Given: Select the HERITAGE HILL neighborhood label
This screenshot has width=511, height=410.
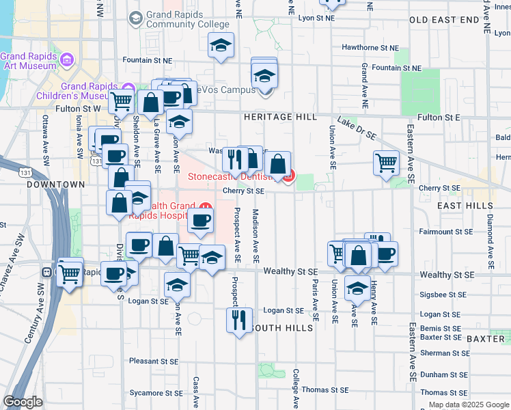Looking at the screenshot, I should [x=280, y=118].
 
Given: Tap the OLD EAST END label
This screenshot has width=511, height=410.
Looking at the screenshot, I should [x=445, y=20].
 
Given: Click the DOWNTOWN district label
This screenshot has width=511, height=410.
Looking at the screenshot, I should [x=55, y=184].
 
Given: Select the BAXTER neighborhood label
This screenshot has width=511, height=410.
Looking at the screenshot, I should [x=485, y=339].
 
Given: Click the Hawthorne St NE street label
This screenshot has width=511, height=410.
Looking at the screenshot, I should [x=370, y=48].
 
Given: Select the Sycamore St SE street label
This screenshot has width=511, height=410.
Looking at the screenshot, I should [x=156, y=393].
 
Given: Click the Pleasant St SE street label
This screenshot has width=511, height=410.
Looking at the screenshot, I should [x=154, y=360].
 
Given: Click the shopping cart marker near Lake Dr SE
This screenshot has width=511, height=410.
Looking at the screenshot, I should [x=386, y=163].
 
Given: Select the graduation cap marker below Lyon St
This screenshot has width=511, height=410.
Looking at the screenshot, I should [x=221, y=46].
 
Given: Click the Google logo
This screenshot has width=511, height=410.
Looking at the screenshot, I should [x=23, y=402].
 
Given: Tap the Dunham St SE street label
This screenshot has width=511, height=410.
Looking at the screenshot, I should [x=443, y=374].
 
